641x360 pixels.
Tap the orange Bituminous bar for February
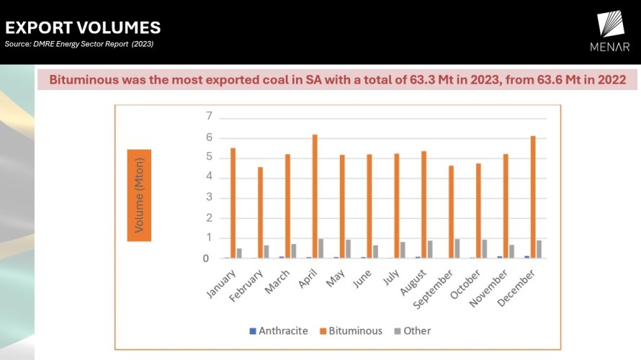[x=261, y=212]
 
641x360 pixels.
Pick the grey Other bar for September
[x=457, y=248]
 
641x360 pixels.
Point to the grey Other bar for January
[x=239, y=253]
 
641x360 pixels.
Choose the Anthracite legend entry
[x=278, y=330]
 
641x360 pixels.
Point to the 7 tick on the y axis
[x=209, y=116]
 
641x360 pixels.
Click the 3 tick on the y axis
[x=209, y=197]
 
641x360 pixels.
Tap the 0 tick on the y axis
[x=209, y=258]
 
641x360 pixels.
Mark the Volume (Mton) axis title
[x=139, y=195]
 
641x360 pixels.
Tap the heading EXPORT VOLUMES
[x=83, y=28]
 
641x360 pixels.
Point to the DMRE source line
[x=79, y=44]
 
